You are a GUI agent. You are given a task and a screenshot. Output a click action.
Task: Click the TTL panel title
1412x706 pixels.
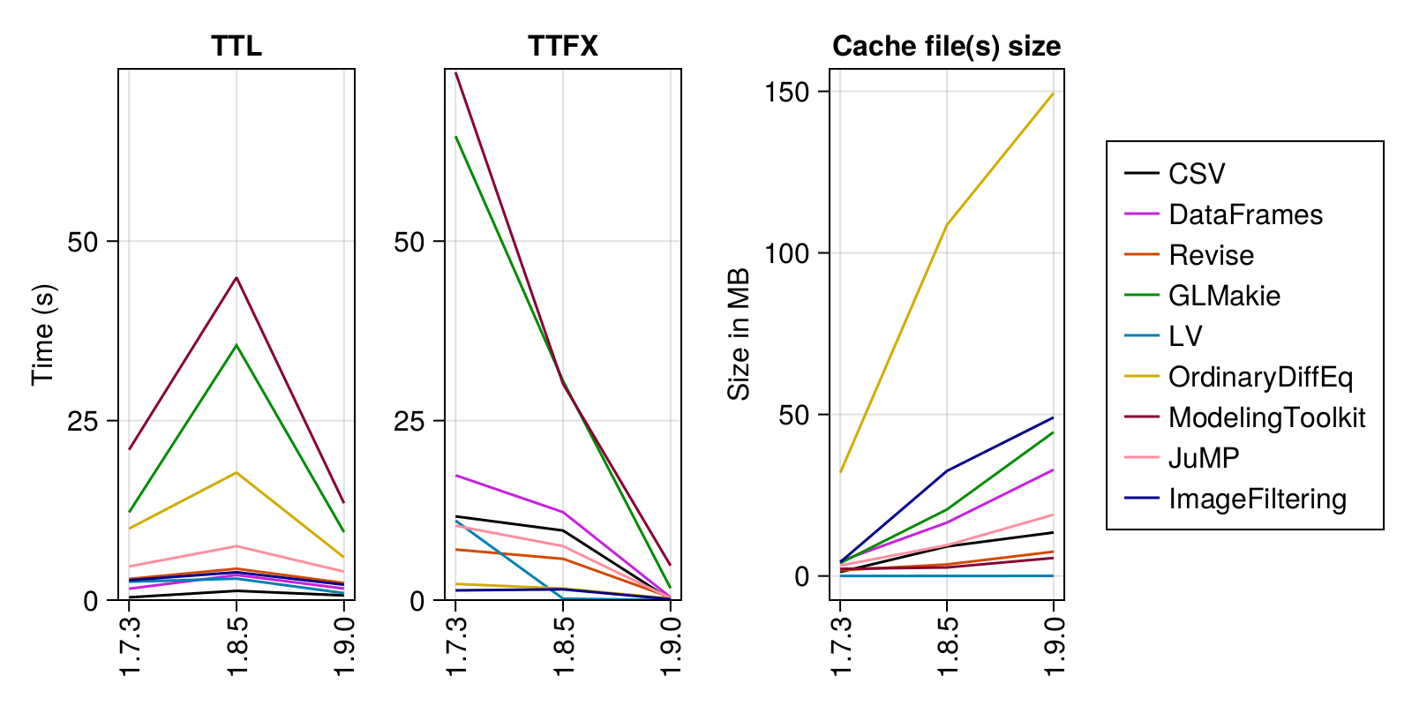click(x=237, y=46)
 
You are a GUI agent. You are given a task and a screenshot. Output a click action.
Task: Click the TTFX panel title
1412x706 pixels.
click(x=563, y=46)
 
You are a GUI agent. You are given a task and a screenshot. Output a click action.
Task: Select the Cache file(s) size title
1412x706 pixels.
click(x=946, y=46)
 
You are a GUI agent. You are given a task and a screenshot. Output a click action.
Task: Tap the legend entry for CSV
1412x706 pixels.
click(x=1197, y=174)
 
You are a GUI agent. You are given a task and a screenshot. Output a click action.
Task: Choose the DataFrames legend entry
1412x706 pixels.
click(x=1245, y=214)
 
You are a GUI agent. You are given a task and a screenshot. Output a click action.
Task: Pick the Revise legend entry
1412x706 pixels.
click(x=1211, y=255)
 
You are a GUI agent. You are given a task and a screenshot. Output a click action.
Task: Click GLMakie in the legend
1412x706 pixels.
click(x=1224, y=296)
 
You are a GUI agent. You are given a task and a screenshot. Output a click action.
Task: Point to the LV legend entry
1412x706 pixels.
click(x=1185, y=336)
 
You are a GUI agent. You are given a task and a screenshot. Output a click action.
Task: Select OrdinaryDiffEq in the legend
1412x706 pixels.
click(x=1260, y=377)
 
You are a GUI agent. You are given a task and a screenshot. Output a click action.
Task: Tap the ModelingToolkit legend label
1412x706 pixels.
click(x=1266, y=417)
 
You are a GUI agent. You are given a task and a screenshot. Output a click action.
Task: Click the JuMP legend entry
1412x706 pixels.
click(x=1204, y=458)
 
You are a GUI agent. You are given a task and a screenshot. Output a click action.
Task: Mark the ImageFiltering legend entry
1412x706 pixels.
click(x=1258, y=499)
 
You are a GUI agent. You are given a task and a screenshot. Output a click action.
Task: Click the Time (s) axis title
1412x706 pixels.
click(x=43, y=334)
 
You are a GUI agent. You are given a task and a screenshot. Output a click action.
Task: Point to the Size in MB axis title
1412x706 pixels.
click(x=739, y=334)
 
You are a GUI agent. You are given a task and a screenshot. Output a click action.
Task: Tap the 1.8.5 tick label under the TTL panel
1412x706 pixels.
click(x=237, y=647)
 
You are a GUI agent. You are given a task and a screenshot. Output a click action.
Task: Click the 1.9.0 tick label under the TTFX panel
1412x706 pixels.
click(x=671, y=647)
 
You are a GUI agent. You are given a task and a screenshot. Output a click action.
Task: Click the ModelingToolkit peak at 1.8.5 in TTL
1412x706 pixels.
click(x=237, y=278)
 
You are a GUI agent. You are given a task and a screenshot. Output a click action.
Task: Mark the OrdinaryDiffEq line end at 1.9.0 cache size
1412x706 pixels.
click(x=1053, y=94)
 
